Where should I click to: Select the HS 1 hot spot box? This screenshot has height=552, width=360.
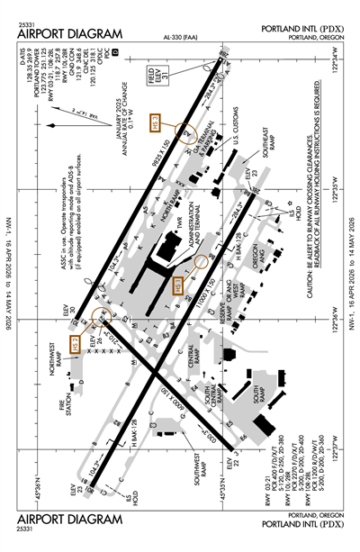179,287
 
